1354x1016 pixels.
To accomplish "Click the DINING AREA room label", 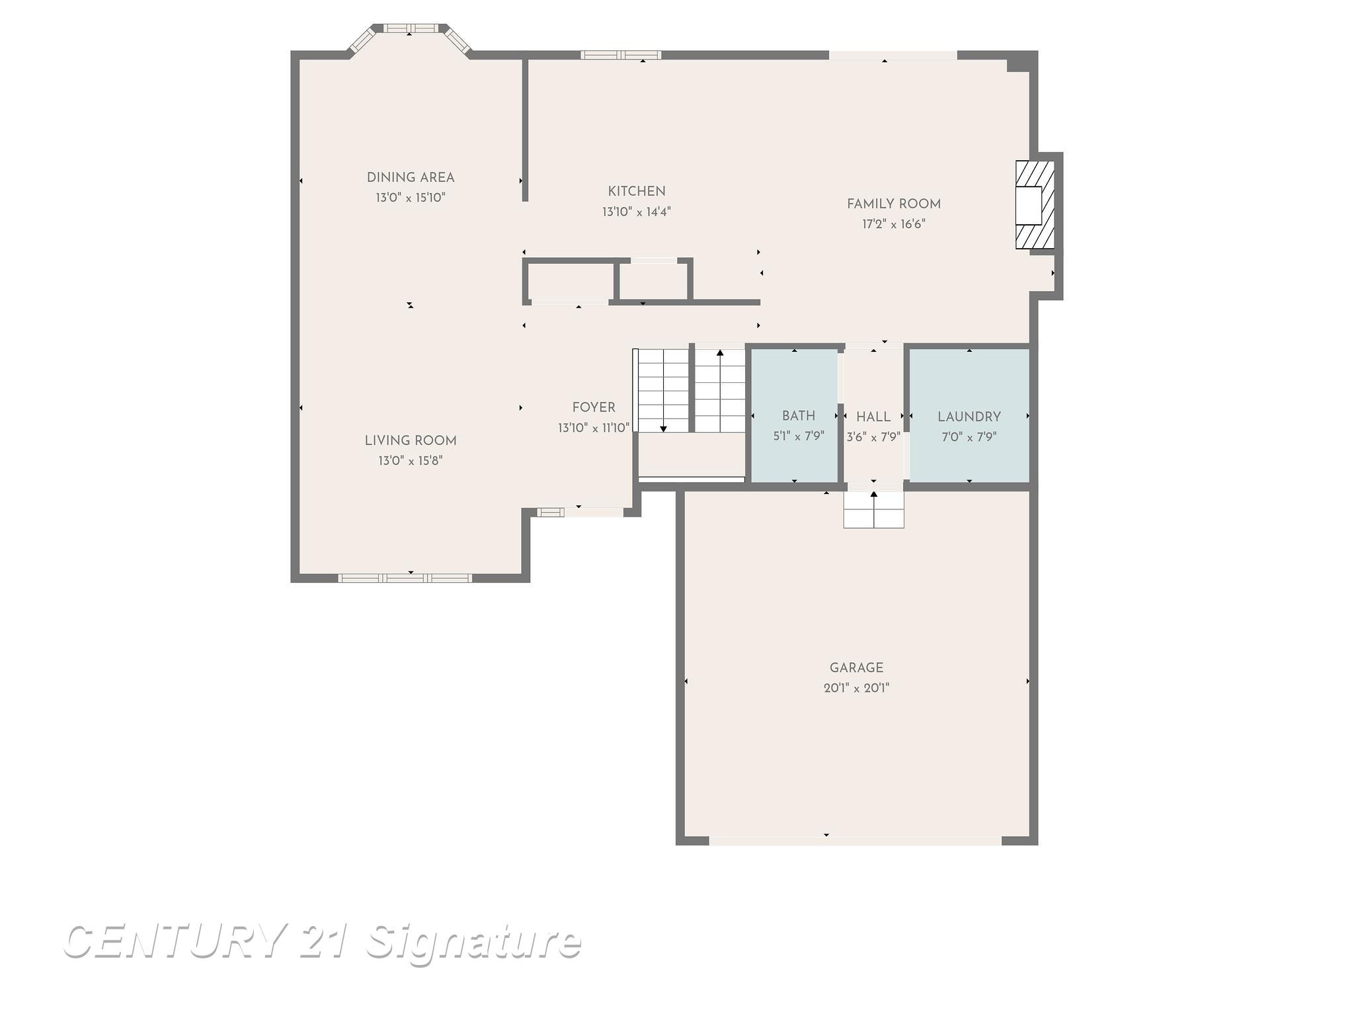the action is coord(411,177).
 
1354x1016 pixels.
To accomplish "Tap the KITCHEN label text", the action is coord(637,191).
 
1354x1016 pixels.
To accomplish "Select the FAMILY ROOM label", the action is coord(894,204).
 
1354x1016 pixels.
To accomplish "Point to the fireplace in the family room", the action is coord(1035,205).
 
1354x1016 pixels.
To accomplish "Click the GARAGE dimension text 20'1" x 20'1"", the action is coord(856,688).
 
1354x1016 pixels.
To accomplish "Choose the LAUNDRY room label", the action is coord(969,417).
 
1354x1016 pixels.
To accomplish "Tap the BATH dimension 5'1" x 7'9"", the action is coord(799,437).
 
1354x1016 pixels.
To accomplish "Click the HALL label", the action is coord(873,417).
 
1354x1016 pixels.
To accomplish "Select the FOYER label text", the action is coord(594,407).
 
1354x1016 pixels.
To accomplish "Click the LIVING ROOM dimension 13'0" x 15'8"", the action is coord(411,460).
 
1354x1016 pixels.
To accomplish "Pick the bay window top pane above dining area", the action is coord(411,28).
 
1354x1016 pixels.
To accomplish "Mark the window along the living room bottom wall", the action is coord(405,578).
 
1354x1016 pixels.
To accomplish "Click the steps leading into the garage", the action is coord(873,510).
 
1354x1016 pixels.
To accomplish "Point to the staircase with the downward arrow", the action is coord(662,390).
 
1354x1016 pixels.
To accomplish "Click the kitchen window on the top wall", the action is coord(621,55).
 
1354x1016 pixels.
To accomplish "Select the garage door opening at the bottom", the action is coord(856,841).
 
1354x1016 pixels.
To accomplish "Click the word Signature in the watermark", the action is coord(473,941).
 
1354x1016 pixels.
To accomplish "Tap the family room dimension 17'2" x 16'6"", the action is coord(894,224).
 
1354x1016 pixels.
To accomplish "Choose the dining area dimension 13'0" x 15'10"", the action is coord(411,198).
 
